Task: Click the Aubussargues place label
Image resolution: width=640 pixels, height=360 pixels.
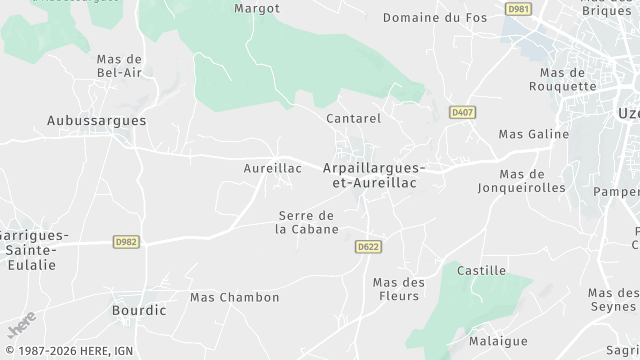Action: (96, 120)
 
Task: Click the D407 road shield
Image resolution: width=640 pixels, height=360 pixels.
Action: (462, 113)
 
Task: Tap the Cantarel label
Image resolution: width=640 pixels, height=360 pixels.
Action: (354, 118)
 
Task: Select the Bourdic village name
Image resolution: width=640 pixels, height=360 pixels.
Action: (139, 310)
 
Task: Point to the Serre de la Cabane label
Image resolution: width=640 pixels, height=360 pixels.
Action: (307, 222)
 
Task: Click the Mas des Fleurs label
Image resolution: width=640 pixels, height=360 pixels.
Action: (399, 289)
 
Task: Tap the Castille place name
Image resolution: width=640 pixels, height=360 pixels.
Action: (481, 271)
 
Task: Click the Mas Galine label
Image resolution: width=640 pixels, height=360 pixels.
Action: (533, 134)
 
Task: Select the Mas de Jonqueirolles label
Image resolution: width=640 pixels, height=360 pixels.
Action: (521, 180)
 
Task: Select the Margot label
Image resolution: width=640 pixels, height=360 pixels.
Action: (256, 8)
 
